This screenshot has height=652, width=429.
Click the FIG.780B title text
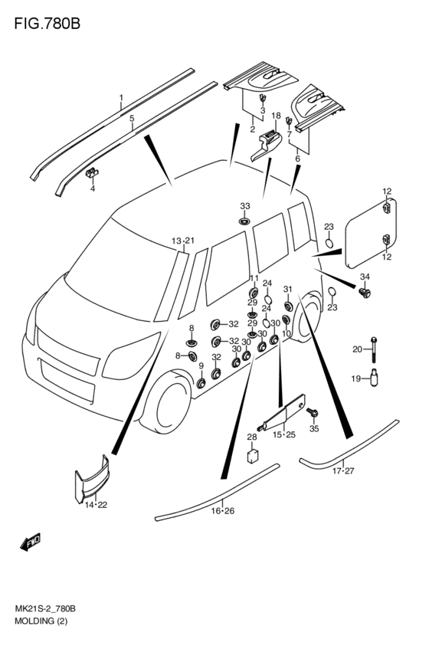click(47, 24)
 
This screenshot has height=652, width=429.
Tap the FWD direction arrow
click(31, 542)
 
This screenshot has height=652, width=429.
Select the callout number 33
click(245, 206)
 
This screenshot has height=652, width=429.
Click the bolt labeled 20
click(374, 349)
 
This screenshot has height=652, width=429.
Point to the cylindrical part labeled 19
click(375, 378)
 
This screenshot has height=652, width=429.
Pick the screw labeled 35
click(313, 413)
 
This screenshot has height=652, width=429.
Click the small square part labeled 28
click(253, 455)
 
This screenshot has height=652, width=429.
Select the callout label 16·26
click(222, 510)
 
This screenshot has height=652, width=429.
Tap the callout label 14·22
click(96, 505)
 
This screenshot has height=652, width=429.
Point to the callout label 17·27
click(342, 470)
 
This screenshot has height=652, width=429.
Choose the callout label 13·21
click(183, 241)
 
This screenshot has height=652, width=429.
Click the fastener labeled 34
click(365, 293)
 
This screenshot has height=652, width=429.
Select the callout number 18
click(276, 115)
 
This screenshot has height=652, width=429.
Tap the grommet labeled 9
click(201, 383)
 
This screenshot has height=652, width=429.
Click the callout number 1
click(121, 97)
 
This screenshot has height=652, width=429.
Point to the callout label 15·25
click(284, 434)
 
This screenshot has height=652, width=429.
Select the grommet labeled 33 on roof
click(245, 221)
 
